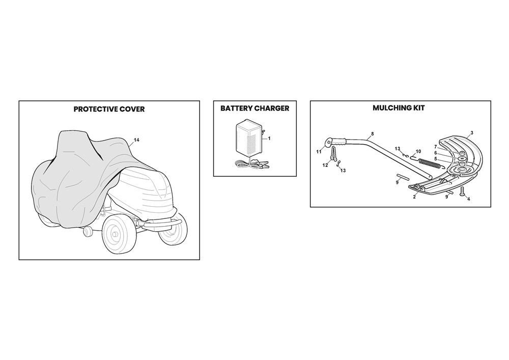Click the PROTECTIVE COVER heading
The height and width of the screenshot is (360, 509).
[109, 109]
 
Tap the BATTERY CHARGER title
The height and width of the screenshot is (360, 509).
[255, 108]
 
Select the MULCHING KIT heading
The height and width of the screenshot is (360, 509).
[399, 108]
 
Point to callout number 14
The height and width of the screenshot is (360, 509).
[136, 140]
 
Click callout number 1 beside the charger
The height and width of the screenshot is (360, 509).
[269, 139]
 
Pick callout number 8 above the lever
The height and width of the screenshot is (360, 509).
[373, 134]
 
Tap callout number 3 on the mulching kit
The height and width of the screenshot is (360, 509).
[472, 133]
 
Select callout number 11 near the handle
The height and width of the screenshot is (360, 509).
[319, 152]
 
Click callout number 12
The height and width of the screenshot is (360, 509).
[325, 165]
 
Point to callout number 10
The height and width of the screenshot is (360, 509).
[418, 151]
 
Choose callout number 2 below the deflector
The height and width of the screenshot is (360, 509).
[414, 197]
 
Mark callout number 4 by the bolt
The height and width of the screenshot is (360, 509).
[468, 199]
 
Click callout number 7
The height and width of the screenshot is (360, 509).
[436, 147]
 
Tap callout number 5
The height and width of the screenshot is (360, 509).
[436, 159]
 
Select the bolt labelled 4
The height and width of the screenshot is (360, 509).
[462, 193]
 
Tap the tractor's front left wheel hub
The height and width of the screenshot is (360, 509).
[114, 234]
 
